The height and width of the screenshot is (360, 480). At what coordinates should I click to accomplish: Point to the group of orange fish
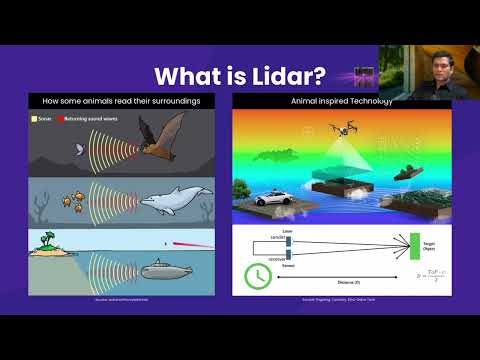[74, 200]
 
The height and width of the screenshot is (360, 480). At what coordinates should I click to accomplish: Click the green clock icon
[257, 275]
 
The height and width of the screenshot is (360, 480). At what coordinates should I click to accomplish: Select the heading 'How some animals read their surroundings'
[125, 101]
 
